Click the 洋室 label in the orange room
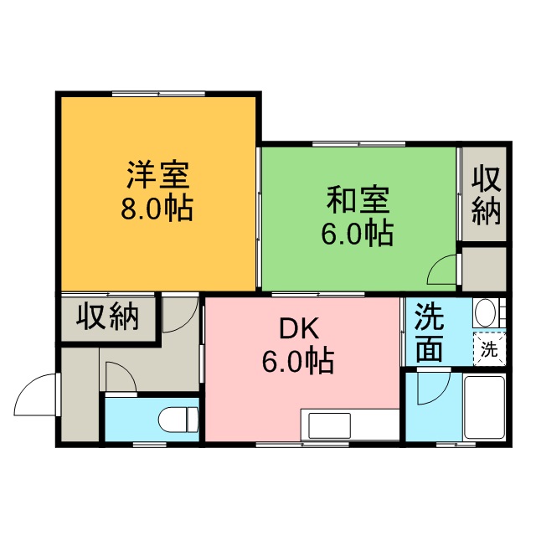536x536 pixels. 158,175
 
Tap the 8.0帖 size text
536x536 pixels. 157,208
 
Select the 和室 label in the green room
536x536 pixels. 358,200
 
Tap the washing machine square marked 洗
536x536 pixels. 489,349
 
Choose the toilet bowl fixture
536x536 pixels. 178,420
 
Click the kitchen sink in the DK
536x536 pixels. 329,425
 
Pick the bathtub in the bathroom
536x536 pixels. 484,408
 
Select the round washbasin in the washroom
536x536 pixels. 486,312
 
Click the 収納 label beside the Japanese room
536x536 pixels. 486,195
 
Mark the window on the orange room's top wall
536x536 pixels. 158,93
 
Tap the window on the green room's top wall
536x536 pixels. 359,144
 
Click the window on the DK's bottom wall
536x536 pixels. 302,445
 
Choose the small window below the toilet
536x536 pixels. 149,445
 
